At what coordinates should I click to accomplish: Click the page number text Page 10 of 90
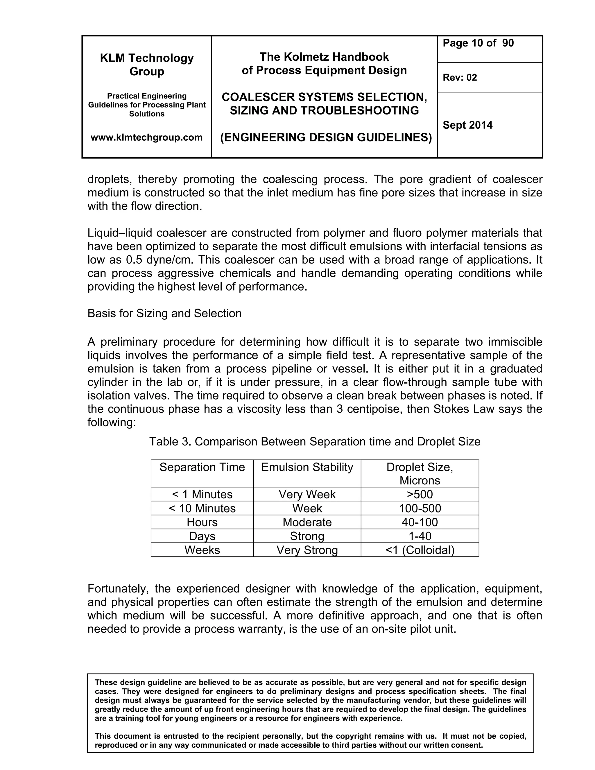coord(478,43)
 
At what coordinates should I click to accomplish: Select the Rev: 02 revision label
coord(460,78)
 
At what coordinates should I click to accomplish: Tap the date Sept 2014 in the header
coord(467,125)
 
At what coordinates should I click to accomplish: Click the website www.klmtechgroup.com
coord(147,137)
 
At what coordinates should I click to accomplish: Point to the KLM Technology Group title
coord(147,65)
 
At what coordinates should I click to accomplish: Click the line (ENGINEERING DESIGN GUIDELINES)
coord(326,137)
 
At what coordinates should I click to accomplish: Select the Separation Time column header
coord(202,467)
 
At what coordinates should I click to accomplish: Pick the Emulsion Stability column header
coord(307,467)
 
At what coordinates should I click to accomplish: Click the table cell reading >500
coord(420,494)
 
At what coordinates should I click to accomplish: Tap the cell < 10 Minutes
coord(202,508)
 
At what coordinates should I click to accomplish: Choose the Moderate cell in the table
coord(307,522)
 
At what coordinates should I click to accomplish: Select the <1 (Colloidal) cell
coord(420,550)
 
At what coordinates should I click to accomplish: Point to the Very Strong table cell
coord(307,550)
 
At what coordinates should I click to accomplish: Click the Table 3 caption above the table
coord(314,442)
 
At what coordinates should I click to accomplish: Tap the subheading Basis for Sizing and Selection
coord(164,314)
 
